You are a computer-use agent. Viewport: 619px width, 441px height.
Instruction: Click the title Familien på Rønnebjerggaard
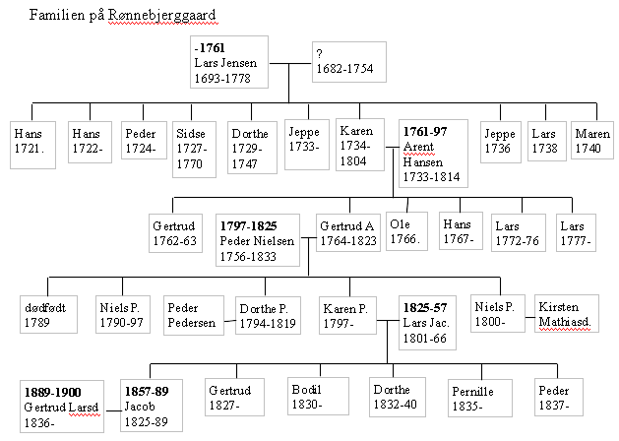123,16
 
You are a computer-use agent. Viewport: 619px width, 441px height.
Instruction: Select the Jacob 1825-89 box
152,406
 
